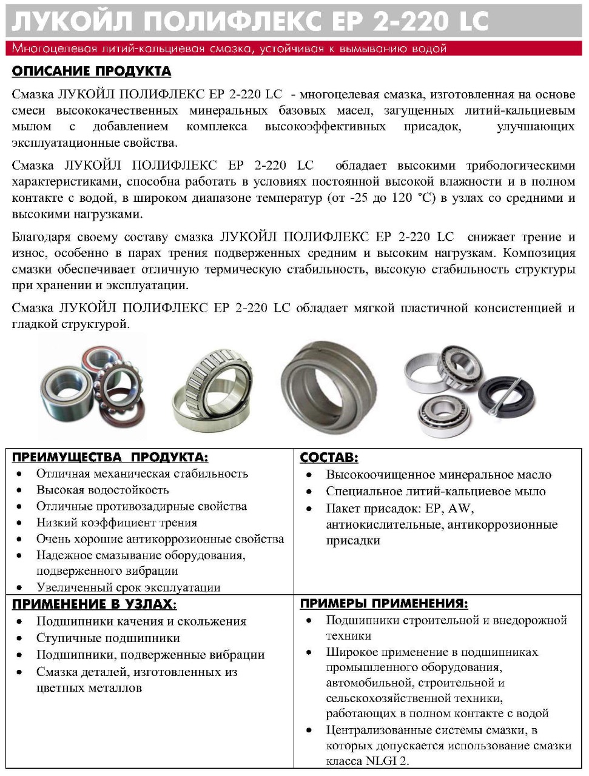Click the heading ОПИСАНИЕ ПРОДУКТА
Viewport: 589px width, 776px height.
pos(92,72)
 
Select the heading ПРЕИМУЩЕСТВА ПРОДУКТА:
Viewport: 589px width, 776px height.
pos(110,457)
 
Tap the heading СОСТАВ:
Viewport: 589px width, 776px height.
pos(329,458)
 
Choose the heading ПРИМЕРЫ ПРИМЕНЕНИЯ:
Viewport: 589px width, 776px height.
pos(384,603)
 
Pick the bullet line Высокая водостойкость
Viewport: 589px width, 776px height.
pos(103,490)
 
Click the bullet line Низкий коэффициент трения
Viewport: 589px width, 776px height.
pos(116,523)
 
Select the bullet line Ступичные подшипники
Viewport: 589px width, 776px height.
pos(108,638)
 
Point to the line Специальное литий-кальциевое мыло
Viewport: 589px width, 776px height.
pos(436,491)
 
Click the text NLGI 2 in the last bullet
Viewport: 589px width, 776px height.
pos(386,761)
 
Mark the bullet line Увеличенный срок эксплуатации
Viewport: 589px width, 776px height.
pos(128,587)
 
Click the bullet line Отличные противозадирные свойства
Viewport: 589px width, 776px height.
pos(141,506)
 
